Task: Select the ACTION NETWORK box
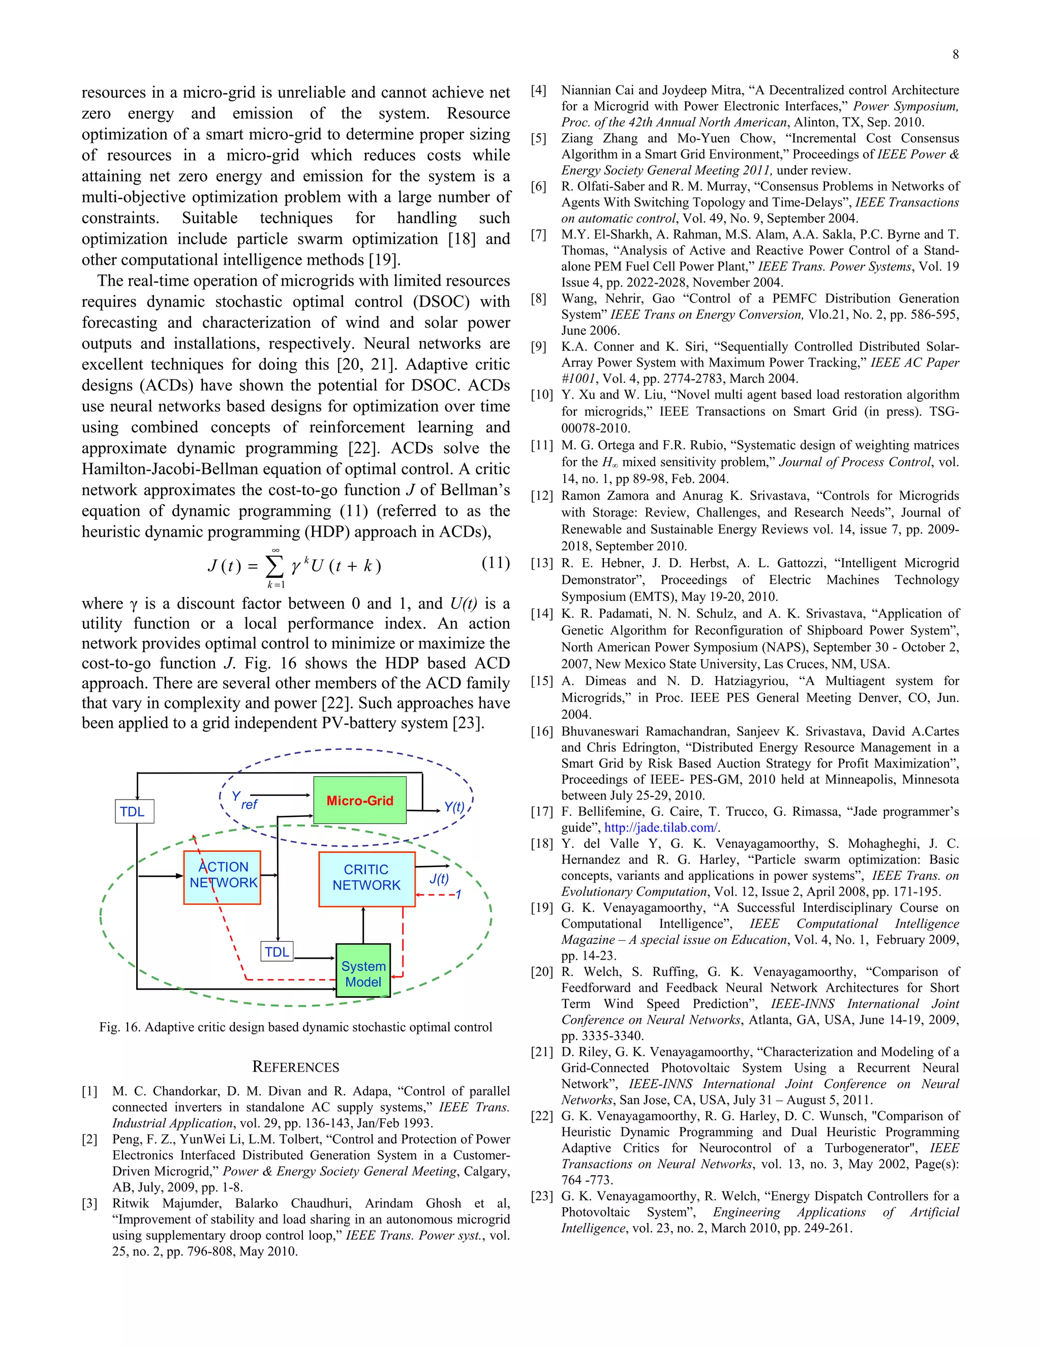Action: point(222,877)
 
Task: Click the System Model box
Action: point(363,974)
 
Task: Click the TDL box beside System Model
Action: point(277,952)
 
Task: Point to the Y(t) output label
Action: point(454,807)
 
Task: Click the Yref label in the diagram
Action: point(244,801)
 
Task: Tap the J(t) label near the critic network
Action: point(439,878)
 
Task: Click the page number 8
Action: point(955,54)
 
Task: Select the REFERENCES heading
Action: point(295,1067)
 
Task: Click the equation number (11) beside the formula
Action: point(495,563)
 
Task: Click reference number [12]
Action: point(541,496)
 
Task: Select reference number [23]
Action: point(541,1196)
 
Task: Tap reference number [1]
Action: point(89,1091)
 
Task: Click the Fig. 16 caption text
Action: point(295,1027)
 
